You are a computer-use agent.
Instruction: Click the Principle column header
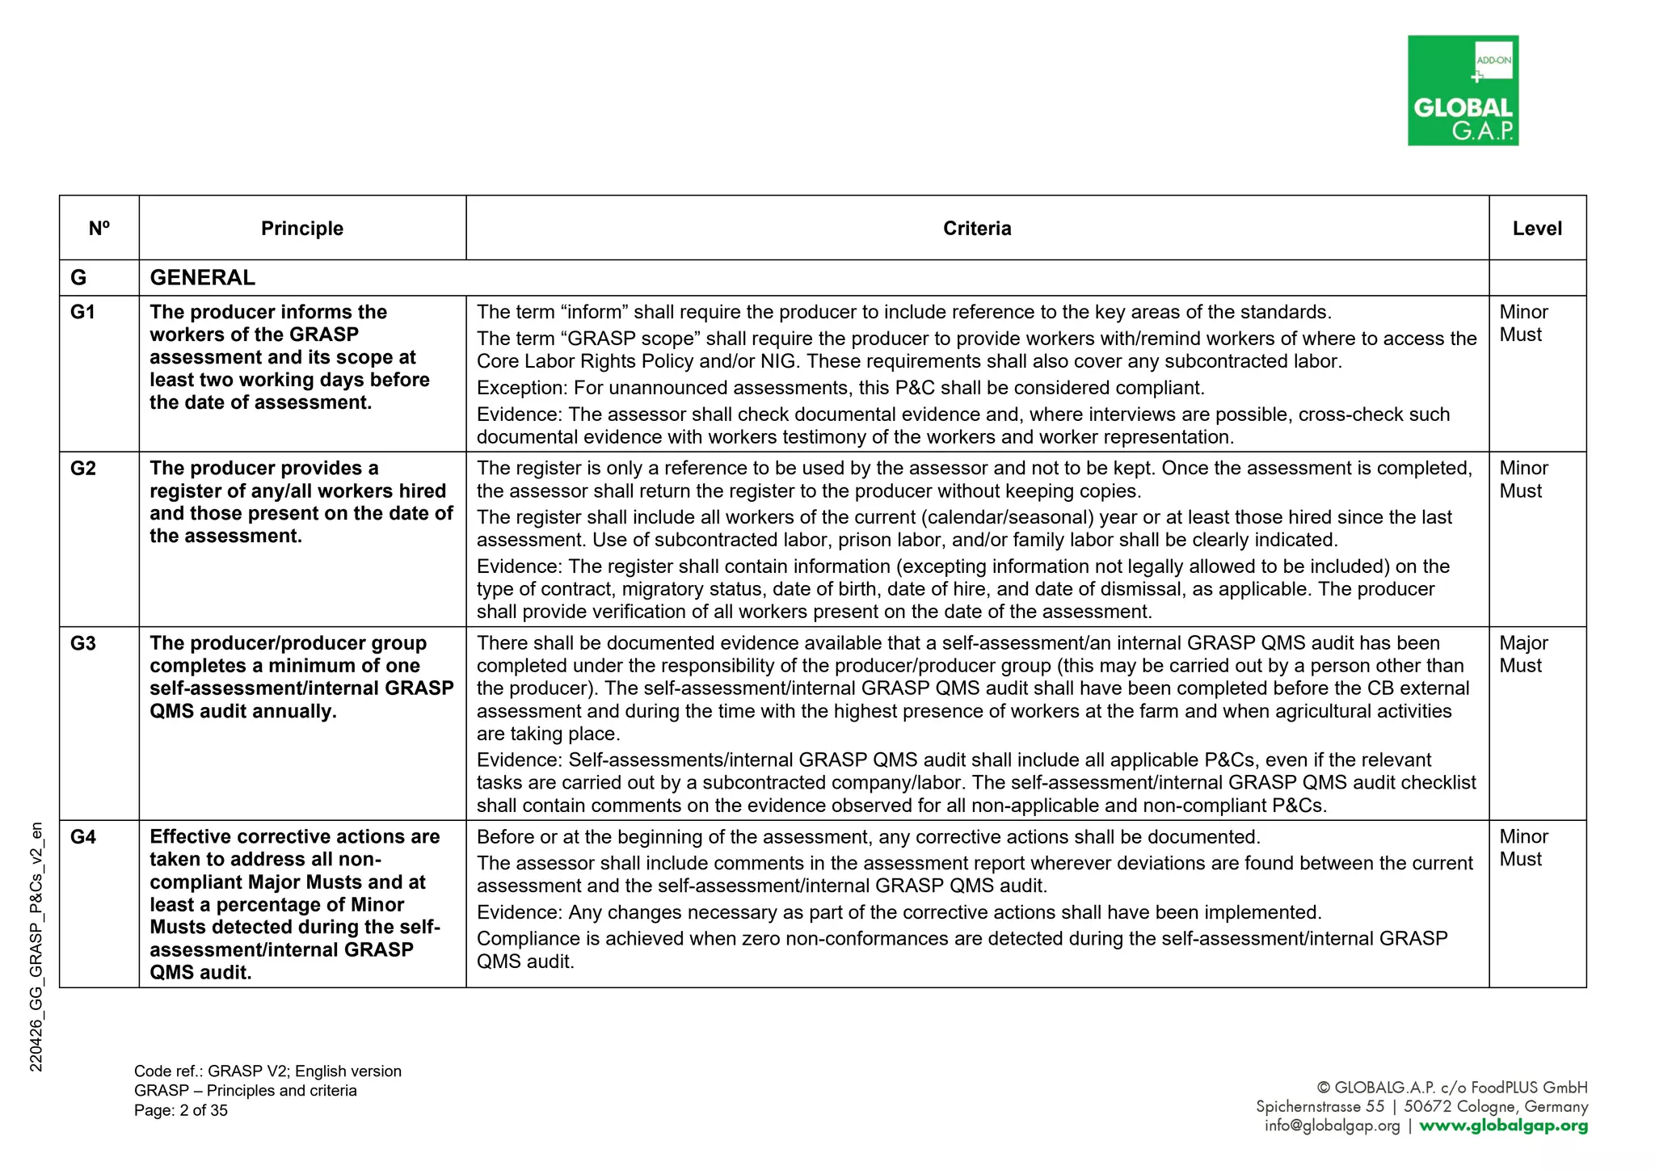coord(302,229)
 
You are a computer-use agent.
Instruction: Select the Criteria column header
coord(977,229)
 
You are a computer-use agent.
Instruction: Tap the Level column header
coord(1537,229)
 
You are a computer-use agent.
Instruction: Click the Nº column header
coord(99,229)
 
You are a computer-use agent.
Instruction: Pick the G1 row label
coord(82,313)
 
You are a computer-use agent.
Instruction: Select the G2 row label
coord(82,469)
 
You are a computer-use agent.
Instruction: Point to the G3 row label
coord(82,644)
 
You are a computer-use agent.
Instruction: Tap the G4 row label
coord(82,837)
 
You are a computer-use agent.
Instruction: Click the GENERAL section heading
coord(202,278)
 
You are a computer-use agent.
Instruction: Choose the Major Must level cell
coord(1523,654)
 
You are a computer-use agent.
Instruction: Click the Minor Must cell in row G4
coord(1523,848)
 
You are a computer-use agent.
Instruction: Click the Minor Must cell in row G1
coord(1523,323)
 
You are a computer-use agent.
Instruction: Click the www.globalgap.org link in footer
coord(1503,1126)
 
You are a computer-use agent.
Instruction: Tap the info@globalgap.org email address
coord(1332,1126)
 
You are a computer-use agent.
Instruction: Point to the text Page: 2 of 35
coord(181,1111)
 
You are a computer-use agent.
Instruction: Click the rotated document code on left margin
coord(36,947)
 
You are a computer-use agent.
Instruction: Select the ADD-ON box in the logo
coord(1493,60)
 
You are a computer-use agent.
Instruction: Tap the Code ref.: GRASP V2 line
coord(267,1072)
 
